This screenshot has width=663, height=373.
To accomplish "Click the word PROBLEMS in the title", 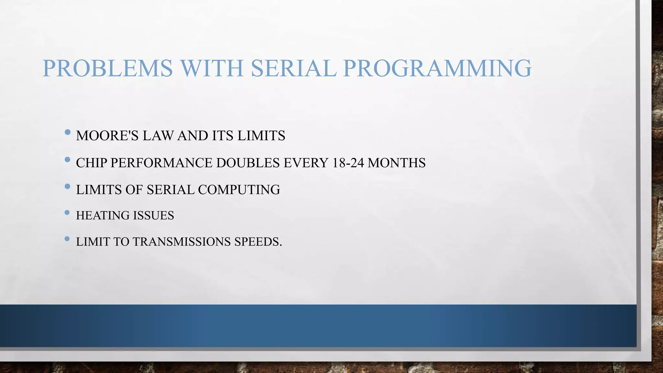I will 108,68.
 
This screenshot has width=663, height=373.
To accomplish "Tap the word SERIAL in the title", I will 294,68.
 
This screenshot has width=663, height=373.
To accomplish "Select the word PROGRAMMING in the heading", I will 437,68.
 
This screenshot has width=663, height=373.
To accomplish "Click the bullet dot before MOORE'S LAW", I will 67,132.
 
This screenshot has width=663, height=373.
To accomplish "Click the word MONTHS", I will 397,163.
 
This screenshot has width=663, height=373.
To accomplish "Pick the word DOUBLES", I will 248,163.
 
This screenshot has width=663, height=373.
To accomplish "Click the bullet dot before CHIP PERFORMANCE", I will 67,159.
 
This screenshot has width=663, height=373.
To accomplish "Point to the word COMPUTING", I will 239,190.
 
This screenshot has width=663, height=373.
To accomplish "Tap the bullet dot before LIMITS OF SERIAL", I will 67,186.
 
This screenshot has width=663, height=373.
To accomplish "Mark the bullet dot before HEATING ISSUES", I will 67,213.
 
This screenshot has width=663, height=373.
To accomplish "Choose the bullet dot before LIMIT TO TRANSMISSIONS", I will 67,239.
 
